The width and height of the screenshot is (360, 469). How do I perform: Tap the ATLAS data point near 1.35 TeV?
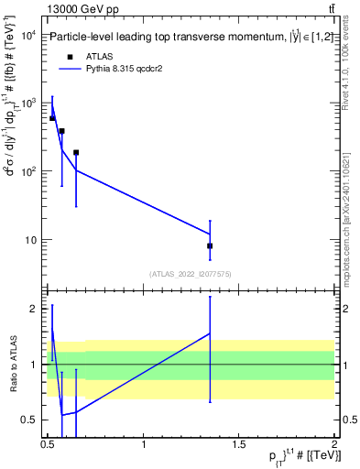[x=210, y=245]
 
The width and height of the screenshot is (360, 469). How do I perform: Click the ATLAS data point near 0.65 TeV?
[x=76, y=153]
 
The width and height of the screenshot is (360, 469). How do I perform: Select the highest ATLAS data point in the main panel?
[x=52, y=118]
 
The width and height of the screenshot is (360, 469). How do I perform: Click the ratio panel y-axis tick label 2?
[x=32, y=309]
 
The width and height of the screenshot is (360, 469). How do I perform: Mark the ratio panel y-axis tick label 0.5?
[x=28, y=420]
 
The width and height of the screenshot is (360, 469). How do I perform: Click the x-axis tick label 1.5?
[x=239, y=443]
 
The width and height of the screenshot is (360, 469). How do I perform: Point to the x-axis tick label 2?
[x=334, y=443]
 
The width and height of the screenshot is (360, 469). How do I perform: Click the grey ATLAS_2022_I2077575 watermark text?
[x=190, y=274]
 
